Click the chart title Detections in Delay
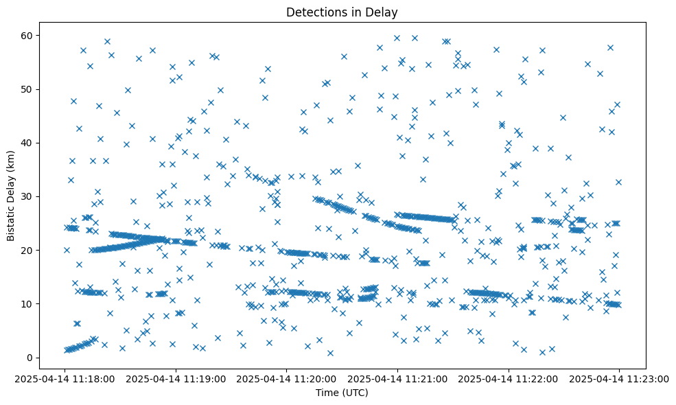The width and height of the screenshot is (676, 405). coord(342,12)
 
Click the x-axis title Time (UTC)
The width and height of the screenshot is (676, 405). coord(342,393)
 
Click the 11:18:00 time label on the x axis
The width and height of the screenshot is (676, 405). coord(66,378)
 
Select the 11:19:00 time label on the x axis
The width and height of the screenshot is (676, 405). coord(176,378)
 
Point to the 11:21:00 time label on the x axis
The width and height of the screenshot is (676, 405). coord(398,378)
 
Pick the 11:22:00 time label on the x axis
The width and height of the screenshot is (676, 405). coord(509,378)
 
